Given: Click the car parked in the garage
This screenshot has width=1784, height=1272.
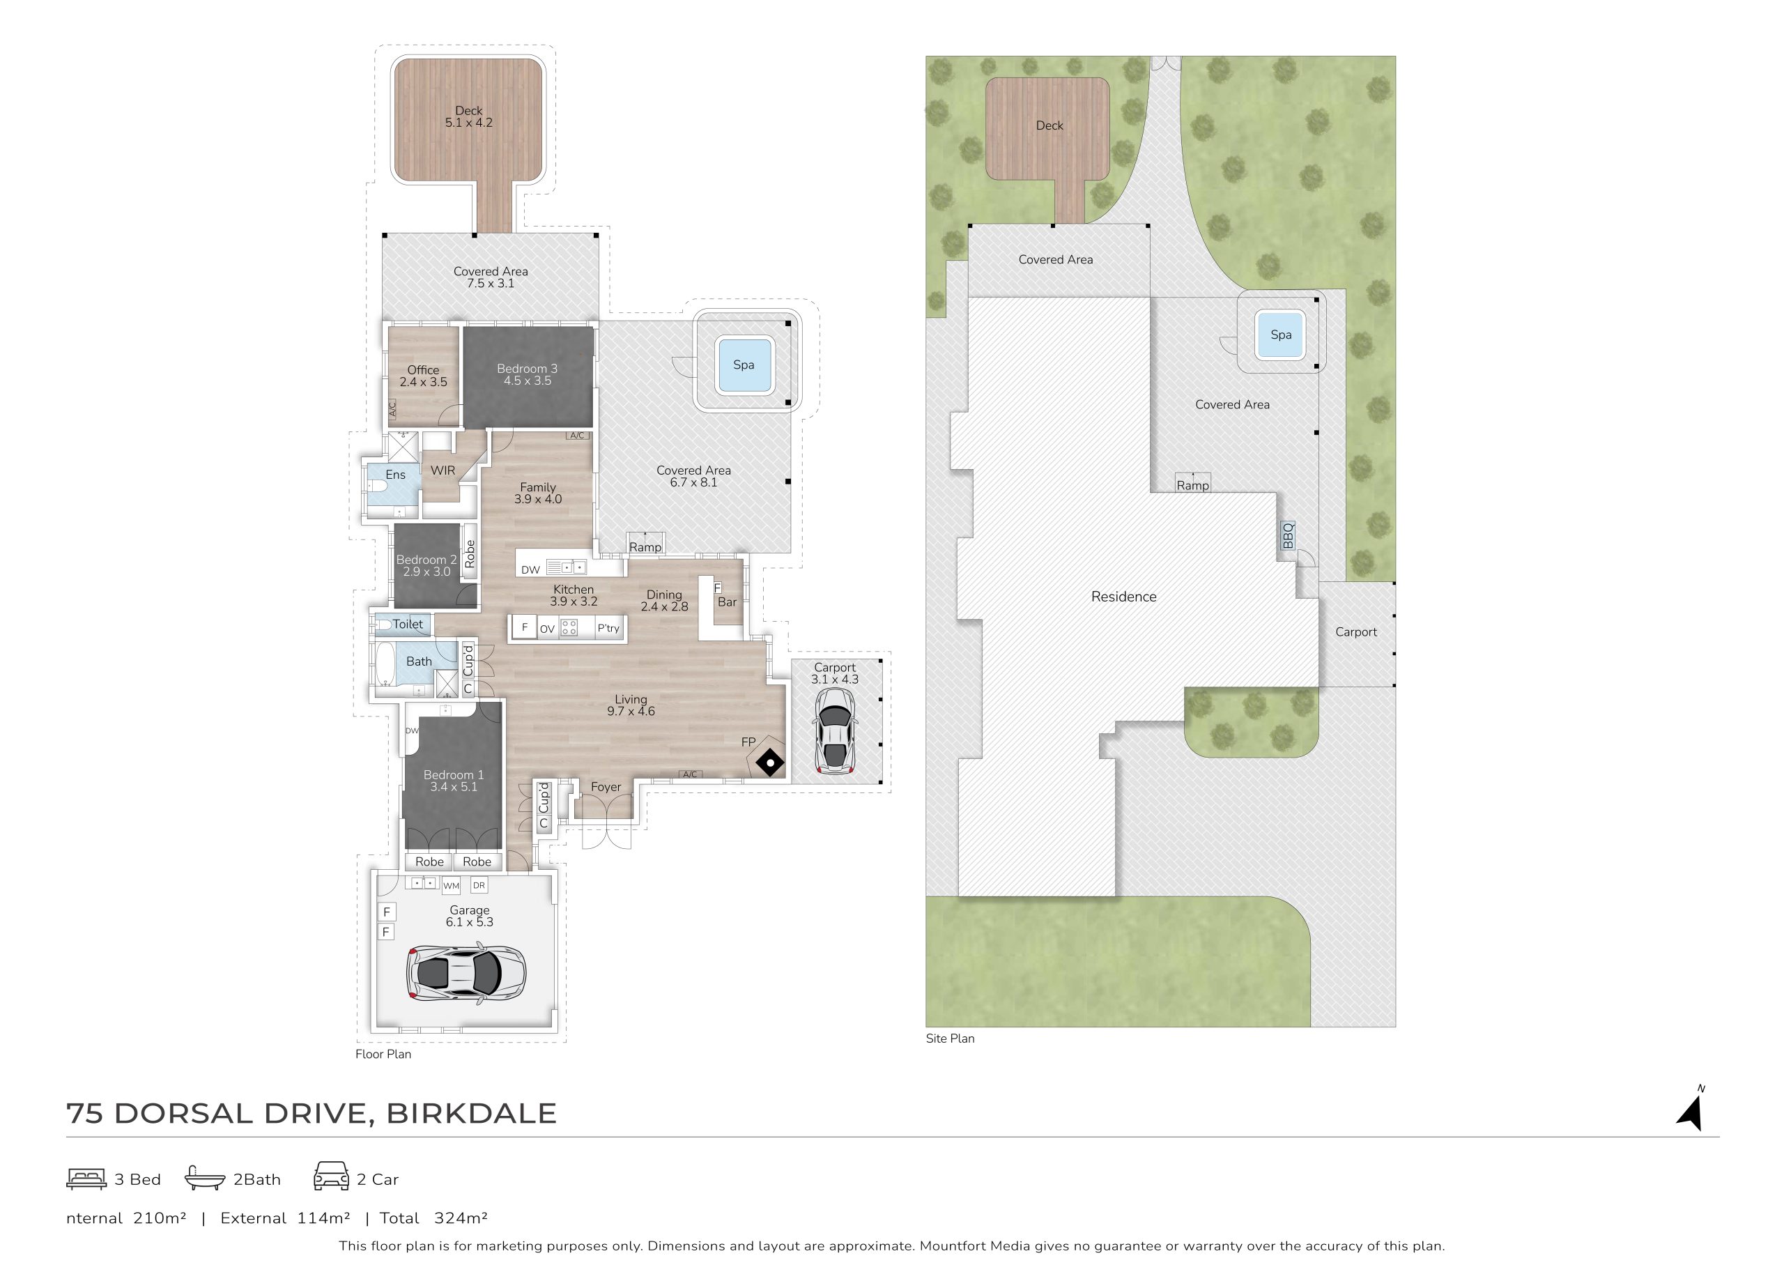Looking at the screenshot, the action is pos(466,974).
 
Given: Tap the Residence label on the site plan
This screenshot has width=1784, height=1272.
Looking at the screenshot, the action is pos(1124,597).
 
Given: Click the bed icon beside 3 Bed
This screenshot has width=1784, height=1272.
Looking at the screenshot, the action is pos(86,1179).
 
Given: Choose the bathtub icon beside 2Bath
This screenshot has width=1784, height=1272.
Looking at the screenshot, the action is pos(204,1178).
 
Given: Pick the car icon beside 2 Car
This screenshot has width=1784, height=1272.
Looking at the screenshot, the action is pos(331,1177).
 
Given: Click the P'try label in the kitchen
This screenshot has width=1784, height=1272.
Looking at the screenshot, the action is pos(608,628).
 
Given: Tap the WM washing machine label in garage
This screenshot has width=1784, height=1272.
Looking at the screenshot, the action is pos(451,886).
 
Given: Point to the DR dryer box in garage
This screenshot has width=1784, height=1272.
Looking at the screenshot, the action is pos(479,885).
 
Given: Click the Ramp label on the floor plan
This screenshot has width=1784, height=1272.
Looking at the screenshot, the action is pos(645,546).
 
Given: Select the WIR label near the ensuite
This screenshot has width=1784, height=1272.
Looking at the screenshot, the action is pos(443,470).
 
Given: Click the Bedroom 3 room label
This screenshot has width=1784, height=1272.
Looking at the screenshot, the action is pos(527,369).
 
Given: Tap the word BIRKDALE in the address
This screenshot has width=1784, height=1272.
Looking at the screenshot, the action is pos(472,1114).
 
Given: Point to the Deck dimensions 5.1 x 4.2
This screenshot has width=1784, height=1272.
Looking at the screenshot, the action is pos(468,123).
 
